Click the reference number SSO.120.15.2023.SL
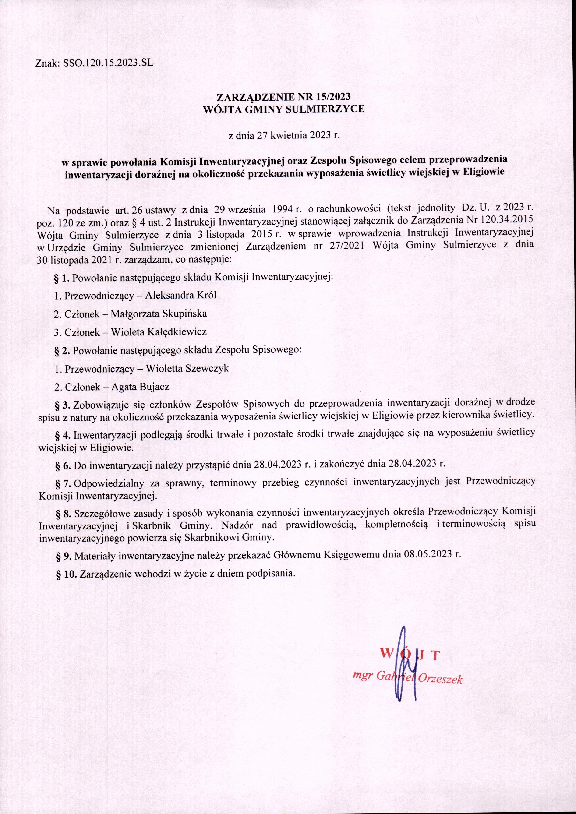pyautogui.click(x=109, y=63)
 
